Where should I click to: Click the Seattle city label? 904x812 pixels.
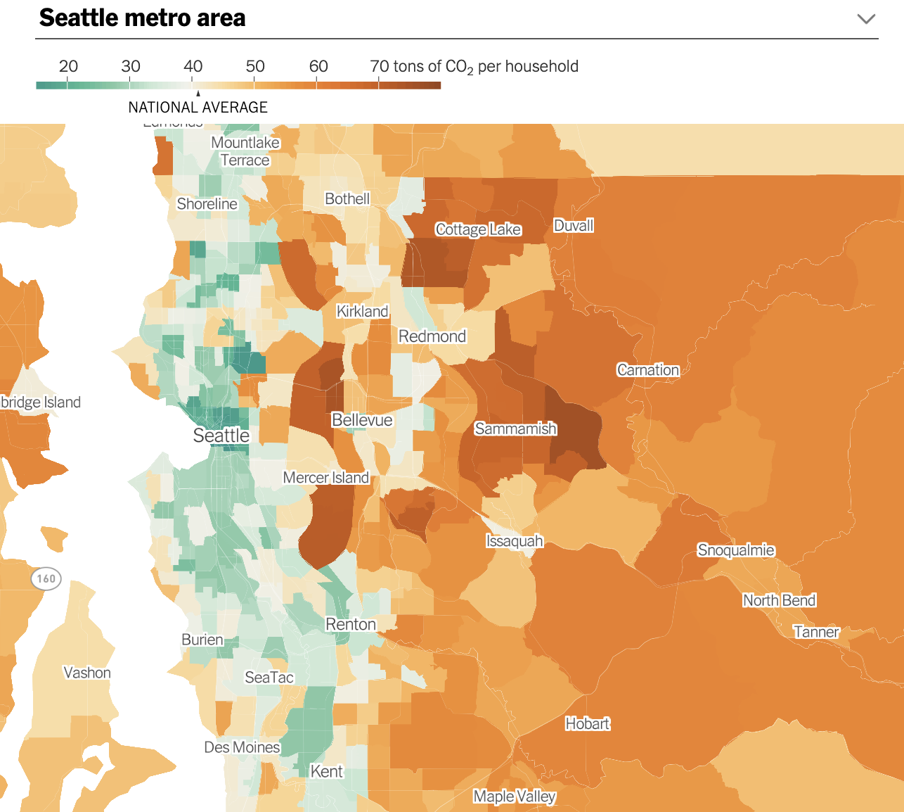point(221,436)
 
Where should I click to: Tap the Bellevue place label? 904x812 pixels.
point(362,420)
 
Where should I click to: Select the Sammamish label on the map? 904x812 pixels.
point(515,429)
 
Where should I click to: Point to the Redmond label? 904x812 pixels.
point(432,336)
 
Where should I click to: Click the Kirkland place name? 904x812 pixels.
point(362,311)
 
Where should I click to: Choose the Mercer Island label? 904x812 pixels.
point(325,478)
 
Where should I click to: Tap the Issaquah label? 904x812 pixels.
point(515,541)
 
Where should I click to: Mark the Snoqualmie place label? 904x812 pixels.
point(736,550)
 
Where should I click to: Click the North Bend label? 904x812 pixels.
point(779,600)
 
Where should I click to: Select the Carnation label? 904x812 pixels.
point(648,370)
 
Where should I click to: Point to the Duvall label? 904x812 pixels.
point(574,226)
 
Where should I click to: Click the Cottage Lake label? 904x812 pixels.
point(478,229)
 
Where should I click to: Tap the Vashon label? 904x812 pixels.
point(87,673)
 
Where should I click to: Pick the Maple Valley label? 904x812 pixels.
point(515,797)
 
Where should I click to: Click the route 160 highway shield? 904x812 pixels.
point(46,579)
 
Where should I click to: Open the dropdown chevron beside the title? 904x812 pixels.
point(866,19)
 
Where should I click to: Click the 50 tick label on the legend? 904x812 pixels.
point(255,66)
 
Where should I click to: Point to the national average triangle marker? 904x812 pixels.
point(198,93)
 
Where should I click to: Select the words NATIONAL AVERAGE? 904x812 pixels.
point(198,108)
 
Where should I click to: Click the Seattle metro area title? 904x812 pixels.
point(143,18)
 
